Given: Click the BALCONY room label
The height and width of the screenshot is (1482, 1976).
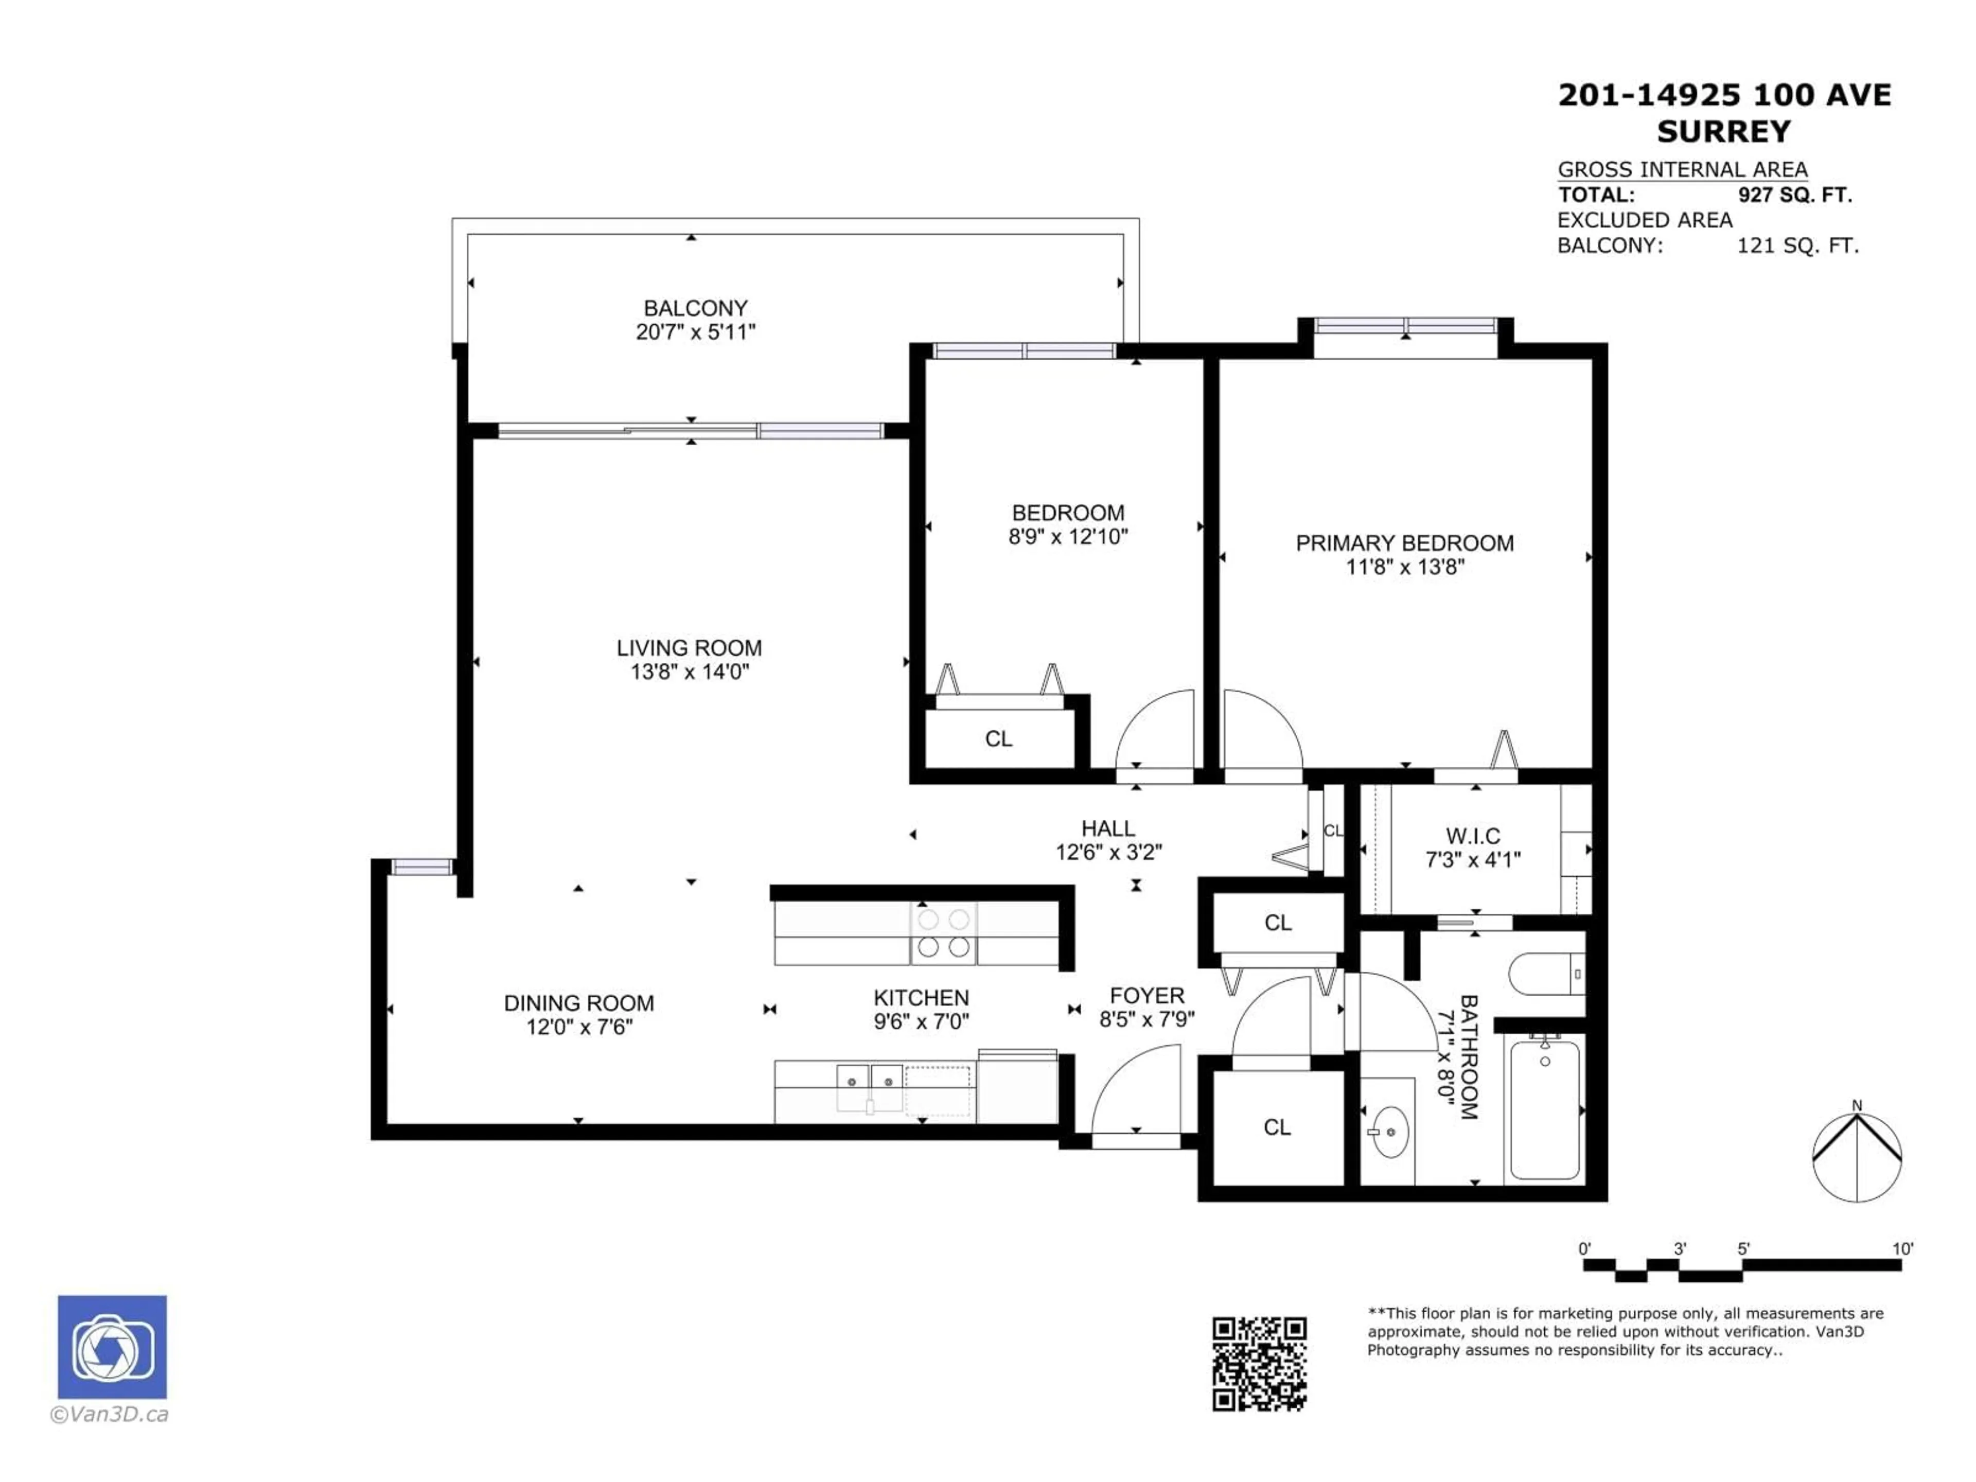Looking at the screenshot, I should (695, 308).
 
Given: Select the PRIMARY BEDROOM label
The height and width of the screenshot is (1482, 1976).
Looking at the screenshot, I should (1404, 543).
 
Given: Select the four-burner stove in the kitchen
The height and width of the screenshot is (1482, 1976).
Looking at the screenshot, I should (943, 933).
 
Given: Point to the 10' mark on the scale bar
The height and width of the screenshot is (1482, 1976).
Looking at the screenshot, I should (1903, 1249).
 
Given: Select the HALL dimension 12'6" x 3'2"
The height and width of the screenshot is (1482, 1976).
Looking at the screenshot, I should (1108, 852).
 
